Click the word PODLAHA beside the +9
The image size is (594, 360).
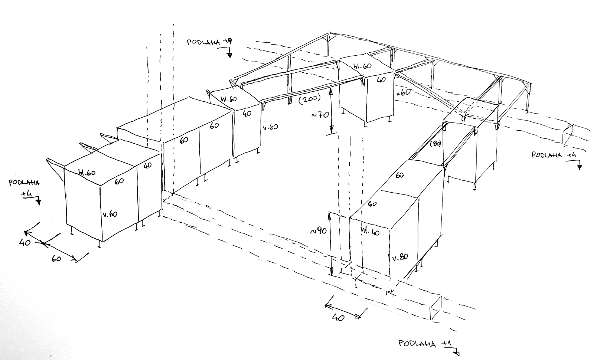click(x=203, y=42)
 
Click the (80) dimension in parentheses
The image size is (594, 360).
click(x=435, y=145)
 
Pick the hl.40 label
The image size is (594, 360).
click(x=370, y=232)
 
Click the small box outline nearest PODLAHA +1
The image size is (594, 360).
click(x=436, y=308)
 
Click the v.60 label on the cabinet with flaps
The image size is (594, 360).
click(x=110, y=214)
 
